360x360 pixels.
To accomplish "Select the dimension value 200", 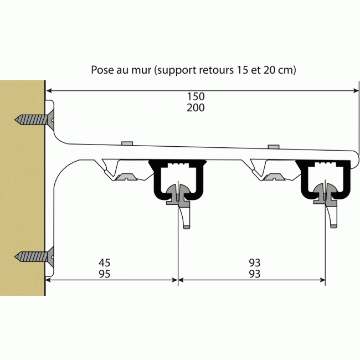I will coord(196,108).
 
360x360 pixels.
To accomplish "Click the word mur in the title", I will coord(142,70).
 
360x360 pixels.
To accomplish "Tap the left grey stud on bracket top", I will coord(127,143).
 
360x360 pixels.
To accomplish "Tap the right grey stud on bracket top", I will coord(272,146).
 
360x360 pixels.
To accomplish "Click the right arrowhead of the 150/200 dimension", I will coord(355,90).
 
